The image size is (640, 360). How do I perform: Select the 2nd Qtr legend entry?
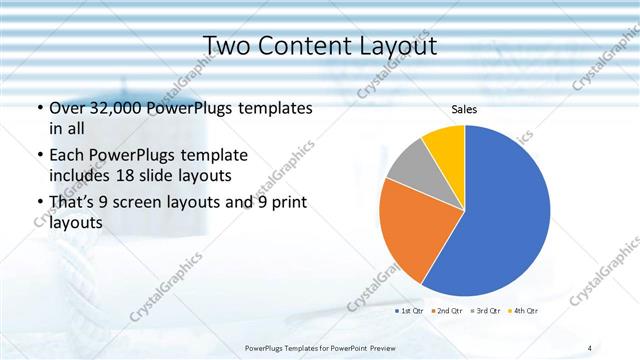tap(449, 310)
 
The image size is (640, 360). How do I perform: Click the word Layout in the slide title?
tap(396, 45)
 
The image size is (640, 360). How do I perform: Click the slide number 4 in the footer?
tap(590, 347)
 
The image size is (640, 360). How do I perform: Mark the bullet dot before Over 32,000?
tap(38, 108)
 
